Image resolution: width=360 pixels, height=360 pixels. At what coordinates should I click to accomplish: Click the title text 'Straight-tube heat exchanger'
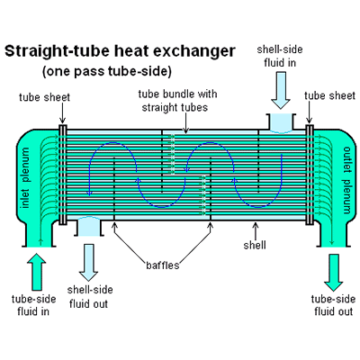[120, 51]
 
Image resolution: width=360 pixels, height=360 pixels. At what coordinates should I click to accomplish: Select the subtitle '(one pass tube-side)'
[107, 71]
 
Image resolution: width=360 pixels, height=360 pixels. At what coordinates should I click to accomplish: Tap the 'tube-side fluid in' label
[33, 305]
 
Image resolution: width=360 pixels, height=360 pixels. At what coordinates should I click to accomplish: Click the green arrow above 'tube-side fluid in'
[37, 272]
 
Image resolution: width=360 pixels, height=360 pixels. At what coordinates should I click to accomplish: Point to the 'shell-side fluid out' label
[90, 297]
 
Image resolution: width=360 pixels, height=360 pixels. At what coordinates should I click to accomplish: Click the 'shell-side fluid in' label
[280, 56]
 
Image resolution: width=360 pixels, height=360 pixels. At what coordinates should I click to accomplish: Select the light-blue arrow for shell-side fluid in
[281, 90]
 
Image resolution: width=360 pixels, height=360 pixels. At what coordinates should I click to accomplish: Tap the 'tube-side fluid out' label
[333, 305]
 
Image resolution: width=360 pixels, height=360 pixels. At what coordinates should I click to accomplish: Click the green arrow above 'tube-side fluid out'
[333, 273]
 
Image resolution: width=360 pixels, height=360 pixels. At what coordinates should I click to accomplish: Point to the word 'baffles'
[163, 265]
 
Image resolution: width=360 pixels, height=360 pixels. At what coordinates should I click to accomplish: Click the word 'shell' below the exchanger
[255, 245]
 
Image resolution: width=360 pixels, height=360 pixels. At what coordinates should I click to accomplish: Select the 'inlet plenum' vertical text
[26, 177]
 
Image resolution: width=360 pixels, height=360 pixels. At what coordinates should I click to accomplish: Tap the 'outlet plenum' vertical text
[346, 180]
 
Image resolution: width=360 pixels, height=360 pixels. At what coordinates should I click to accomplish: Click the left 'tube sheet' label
[44, 97]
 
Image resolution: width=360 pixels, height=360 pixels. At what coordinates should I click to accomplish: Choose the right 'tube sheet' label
[329, 95]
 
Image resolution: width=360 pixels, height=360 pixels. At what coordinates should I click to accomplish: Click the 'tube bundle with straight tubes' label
[177, 101]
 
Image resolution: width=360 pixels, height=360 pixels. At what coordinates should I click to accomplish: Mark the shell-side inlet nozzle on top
[281, 122]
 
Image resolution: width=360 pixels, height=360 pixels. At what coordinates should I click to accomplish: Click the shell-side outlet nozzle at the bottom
[88, 227]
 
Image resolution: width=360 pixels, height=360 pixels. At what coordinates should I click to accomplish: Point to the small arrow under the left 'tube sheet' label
[62, 113]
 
